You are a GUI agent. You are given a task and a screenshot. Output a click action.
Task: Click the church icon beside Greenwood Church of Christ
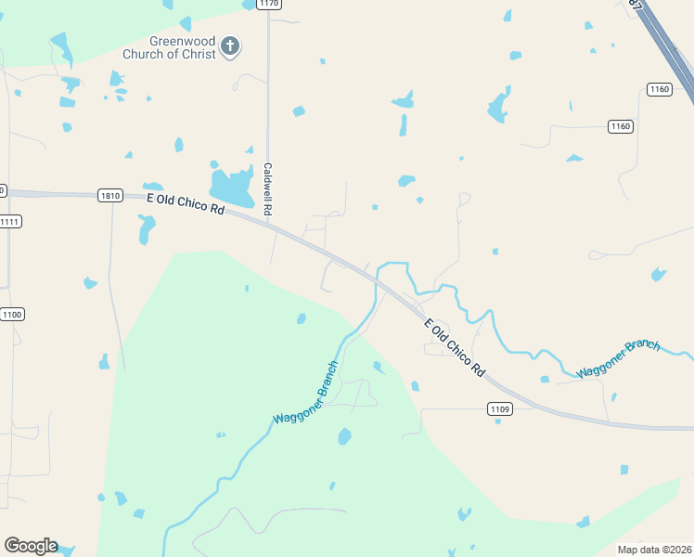(x=231, y=45)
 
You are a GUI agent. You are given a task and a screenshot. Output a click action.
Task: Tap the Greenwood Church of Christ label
(x=183, y=47)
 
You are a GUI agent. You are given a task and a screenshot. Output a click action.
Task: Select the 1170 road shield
(x=268, y=4)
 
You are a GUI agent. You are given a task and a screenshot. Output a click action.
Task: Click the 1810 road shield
(x=110, y=195)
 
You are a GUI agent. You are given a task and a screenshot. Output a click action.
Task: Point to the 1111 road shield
(x=10, y=221)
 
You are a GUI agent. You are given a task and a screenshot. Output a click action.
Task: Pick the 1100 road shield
(x=12, y=315)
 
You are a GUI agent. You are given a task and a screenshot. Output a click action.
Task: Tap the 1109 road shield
(x=499, y=408)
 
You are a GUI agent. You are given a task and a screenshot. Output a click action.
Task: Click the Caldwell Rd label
(x=267, y=189)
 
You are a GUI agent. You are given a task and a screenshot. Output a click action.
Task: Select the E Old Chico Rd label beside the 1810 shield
(x=186, y=202)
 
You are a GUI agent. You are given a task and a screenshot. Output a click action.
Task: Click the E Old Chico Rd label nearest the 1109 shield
(x=455, y=347)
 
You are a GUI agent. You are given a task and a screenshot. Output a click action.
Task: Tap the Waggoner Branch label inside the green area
(x=306, y=394)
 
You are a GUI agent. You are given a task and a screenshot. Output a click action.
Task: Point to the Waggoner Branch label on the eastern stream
(x=618, y=358)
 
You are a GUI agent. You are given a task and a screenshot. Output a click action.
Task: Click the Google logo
(x=31, y=546)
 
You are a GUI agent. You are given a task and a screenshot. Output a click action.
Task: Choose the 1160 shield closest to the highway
(x=659, y=89)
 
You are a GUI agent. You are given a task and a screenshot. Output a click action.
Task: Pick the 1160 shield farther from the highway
(x=621, y=126)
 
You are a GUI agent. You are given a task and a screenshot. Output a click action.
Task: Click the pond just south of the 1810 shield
(x=145, y=228)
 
